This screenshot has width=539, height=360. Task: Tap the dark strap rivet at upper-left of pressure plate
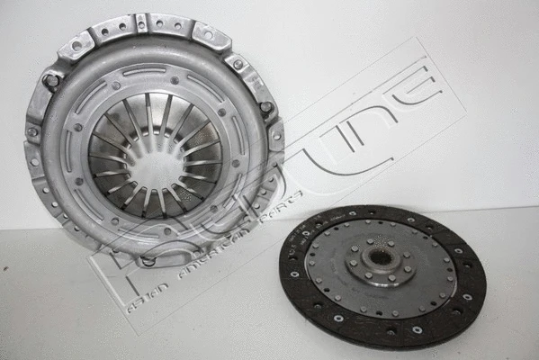point(52,81)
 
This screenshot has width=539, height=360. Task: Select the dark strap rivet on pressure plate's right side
point(266,108)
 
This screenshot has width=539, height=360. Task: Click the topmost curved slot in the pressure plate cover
point(144,70)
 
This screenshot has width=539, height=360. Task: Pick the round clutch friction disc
point(382,274)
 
